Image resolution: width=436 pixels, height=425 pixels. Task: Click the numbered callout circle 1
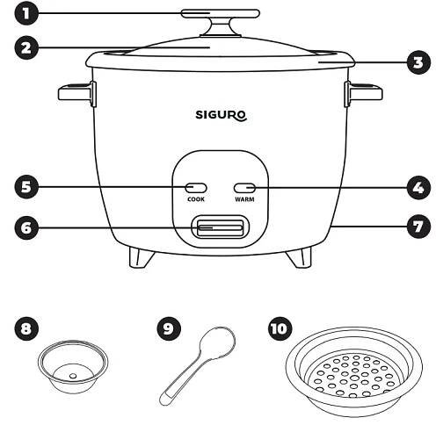(x=26, y=13)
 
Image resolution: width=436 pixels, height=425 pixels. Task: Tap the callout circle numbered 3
(x=418, y=62)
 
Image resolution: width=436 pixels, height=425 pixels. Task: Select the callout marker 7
(x=418, y=227)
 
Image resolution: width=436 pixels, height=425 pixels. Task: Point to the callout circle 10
(x=280, y=328)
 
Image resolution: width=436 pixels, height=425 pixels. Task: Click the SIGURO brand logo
(x=222, y=115)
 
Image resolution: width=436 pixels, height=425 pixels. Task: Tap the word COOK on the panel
(x=196, y=199)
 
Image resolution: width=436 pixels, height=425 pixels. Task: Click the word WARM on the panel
(x=244, y=199)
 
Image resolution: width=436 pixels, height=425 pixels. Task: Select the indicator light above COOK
(x=196, y=188)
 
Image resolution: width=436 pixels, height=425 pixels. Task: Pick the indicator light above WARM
(x=244, y=188)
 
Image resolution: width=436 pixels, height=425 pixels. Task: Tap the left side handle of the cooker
(x=77, y=94)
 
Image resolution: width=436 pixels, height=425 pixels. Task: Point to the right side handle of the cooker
(x=363, y=94)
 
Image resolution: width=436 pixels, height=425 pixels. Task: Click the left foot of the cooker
(x=142, y=257)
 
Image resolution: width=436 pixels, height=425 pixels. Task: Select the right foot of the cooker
(x=299, y=257)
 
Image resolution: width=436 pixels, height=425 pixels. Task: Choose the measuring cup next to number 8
(x=73, y=366)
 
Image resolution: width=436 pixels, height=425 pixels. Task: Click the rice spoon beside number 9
(x=197, y=366)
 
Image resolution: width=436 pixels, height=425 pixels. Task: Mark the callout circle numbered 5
(x=26, y=187)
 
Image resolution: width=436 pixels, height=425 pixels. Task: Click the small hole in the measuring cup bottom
(x=73, y=376)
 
